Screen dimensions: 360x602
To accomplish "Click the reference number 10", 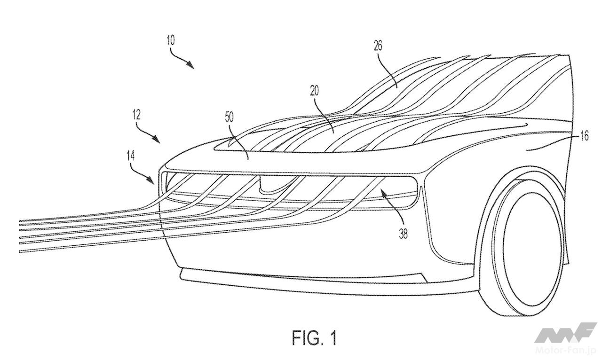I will click(x=170, y=40).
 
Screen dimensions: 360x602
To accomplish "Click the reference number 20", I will click(x=314, y=91).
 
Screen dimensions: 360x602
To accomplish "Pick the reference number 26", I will click(x=378, y=46).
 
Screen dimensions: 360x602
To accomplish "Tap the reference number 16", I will click(x=584, y=137).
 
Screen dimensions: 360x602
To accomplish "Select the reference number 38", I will click(x=403, y=234).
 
